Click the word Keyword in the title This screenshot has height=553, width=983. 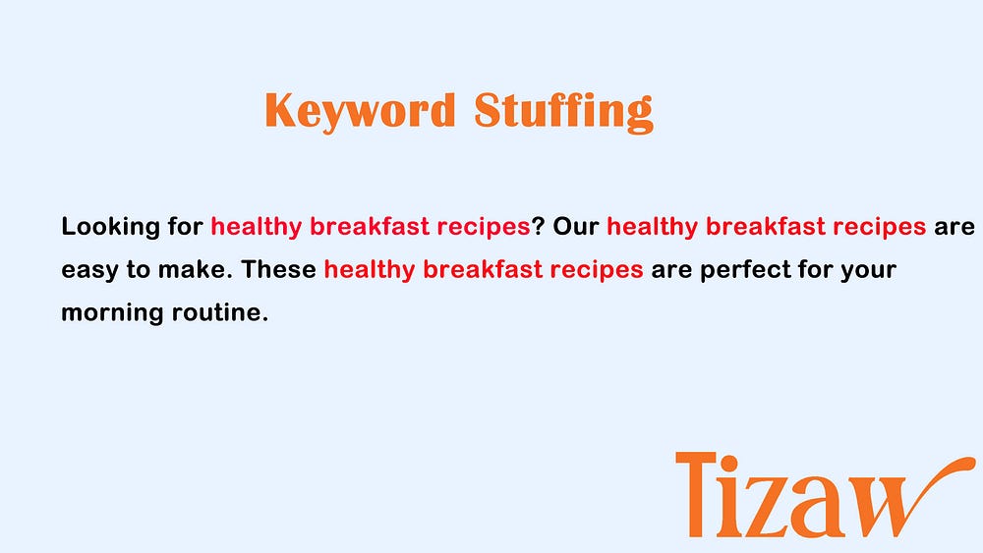(x=360, y=111)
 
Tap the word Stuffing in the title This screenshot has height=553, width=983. (x=563, y=111)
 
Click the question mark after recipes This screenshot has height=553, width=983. (x=538, y=226)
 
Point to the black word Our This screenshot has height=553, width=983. (x=575, y=226)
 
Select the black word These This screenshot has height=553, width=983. (x=279, y=269)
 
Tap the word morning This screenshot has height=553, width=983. (x=112, y=313)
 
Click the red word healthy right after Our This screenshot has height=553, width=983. (x=652, y=227)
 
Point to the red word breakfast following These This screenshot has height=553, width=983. (x=482, y=269)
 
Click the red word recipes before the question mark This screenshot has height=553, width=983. (x=484, y=227)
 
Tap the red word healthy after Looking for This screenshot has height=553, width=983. (x=257, y=227)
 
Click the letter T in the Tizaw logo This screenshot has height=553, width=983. (x=696, y=493)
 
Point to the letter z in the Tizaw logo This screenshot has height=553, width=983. (x=761, y=506)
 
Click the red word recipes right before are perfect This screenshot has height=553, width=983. (x=597, y=270)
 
